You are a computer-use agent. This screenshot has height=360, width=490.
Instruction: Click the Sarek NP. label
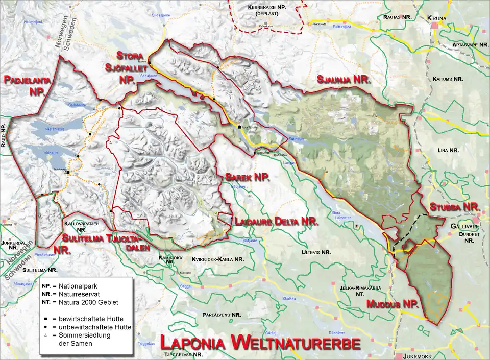247,177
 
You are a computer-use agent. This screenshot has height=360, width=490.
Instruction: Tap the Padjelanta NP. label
24,85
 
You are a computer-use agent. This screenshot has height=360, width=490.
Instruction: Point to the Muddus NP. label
393,305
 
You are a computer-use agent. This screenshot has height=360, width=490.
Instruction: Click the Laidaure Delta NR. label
276,222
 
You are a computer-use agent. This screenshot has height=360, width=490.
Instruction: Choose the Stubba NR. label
454,208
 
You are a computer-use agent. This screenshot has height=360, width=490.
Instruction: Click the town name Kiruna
437,18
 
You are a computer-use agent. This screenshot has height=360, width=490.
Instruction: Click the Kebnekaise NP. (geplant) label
266,11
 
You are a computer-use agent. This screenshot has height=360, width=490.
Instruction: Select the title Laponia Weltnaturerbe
259,342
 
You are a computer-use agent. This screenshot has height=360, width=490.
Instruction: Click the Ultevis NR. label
316,252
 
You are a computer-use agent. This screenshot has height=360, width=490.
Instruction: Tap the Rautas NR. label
397,17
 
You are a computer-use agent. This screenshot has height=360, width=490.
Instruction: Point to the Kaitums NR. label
448,79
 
